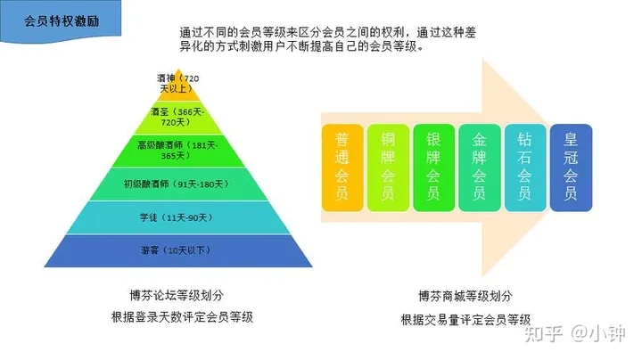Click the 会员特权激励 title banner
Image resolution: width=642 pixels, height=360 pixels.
[x=61, y=21]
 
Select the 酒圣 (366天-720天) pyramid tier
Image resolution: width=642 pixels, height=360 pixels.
[x=178, y=119]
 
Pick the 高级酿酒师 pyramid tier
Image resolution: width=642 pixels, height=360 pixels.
[x=178, y=151]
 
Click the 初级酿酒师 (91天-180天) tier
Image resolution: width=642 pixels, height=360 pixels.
[x=178, y=184]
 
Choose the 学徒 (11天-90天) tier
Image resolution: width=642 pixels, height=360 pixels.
[x=178, y=217]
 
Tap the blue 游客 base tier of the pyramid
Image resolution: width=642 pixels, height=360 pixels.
[x=178, y=250]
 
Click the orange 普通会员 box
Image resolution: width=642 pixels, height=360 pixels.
[x=342, y=168]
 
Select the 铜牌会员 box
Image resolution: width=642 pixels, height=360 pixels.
[x=388, y=168]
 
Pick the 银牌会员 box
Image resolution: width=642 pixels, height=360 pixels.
[x=433, y=168]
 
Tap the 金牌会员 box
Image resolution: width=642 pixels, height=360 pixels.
[x=480, y=168]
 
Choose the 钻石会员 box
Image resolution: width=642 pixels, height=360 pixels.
[x=525, y=168]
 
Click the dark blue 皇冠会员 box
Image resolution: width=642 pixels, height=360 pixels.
[x=572, y=168]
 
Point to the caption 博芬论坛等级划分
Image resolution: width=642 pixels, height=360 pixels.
[x=177, y=295]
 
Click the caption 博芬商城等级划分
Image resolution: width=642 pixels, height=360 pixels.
[x=465, y=296]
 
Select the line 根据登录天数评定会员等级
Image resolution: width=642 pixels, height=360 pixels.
[x=182, y=317]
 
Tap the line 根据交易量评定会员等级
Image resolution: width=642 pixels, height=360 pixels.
[x=465, y=320]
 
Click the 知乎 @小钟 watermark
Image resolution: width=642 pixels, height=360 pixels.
[x=575, y=334]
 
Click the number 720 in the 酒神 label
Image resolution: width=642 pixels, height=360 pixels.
[x=192, y=78]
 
